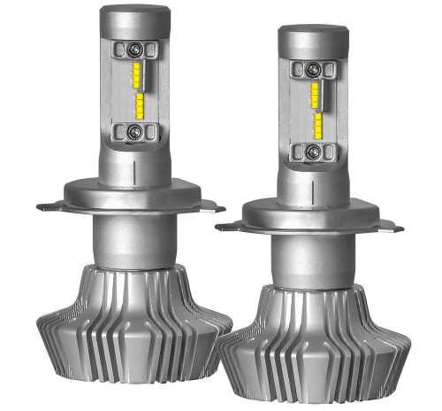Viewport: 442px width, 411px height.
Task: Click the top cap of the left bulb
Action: [x=134, y=17]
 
